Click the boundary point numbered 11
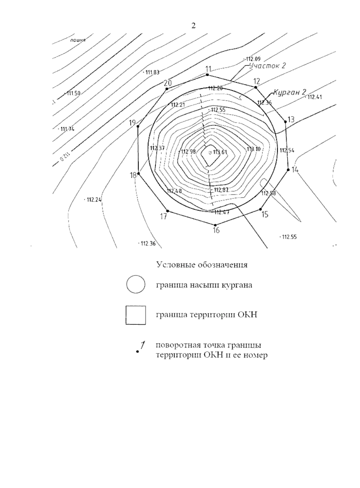point(207,74)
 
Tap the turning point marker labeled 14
point(288,170)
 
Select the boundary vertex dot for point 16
point(215,225)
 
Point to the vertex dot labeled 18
point(139,173)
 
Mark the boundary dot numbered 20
point(166,89)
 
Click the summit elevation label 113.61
point(220,152)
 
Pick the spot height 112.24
point(94,199)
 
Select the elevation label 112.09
point(253,59)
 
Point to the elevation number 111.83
point(152,72)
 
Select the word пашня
point(78,40)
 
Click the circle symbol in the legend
point(136,284)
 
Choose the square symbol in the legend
point(136,315)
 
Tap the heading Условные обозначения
point(202,265)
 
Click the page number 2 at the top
point(193,26)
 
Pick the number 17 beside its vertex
point(163,217)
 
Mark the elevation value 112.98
point(188,151)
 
